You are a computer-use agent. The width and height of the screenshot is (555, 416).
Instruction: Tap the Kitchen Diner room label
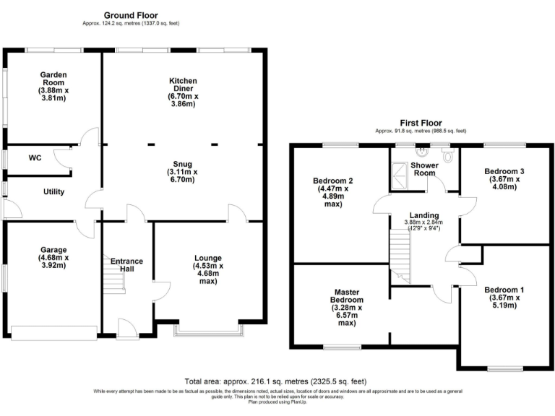pos(183,87)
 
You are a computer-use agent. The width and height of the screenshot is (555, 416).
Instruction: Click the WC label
pos(35,157)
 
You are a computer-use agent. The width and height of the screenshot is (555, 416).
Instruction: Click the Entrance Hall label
pos(126,266)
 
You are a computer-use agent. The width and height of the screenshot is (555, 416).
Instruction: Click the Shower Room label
pos(424,169)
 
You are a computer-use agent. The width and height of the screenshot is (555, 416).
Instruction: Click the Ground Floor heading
pos(131,15)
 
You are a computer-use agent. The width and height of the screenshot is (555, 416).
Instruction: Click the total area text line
pos(276,381)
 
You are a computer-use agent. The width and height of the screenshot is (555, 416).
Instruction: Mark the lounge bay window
pos(208,332)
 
